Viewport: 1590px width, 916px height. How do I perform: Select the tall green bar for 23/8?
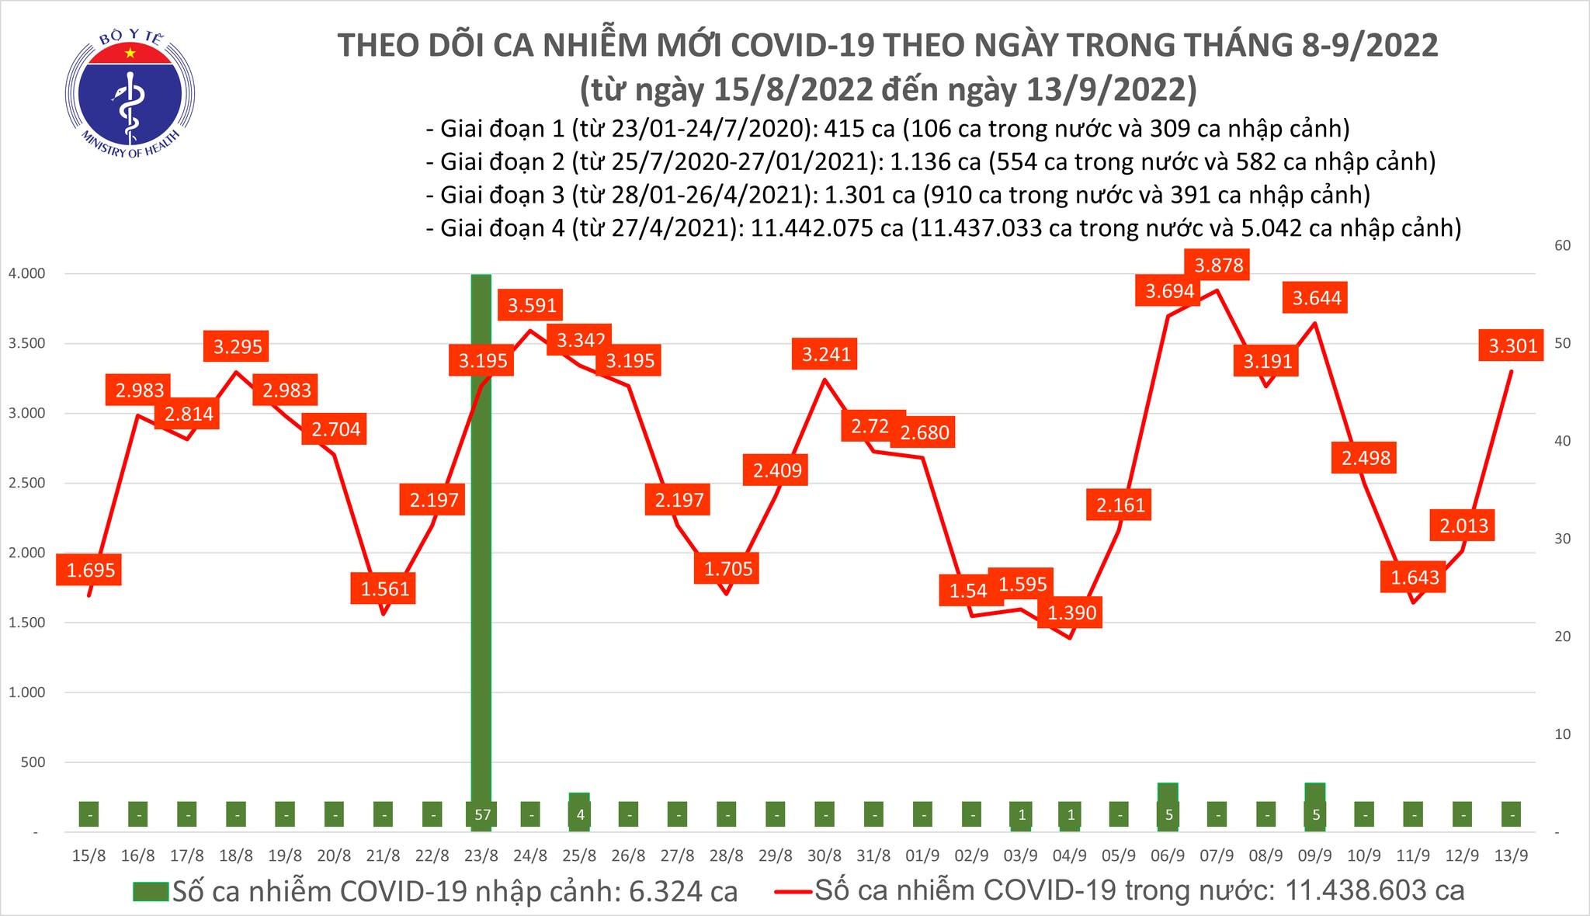tap(481, 543)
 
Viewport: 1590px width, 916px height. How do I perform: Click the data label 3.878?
tap(1219, 265)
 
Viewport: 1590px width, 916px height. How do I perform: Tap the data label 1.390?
tap(1071, 613)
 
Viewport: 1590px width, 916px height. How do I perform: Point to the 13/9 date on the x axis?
tap(1511, 856)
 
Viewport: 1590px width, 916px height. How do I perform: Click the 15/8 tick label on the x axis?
tap(89, 856)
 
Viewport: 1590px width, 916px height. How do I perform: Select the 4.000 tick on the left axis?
tap(27, 274)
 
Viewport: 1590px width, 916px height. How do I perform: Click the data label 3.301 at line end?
tap(1512, 345)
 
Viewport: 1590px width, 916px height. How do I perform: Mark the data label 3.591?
tap(532, 305)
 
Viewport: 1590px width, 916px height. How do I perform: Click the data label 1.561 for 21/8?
tap(385, 589)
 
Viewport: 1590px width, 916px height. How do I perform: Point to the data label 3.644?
tap(1317, 298)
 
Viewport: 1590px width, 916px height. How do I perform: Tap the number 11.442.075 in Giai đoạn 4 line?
tap(811, 228)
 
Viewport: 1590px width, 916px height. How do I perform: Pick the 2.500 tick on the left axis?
tap(27, 484)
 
